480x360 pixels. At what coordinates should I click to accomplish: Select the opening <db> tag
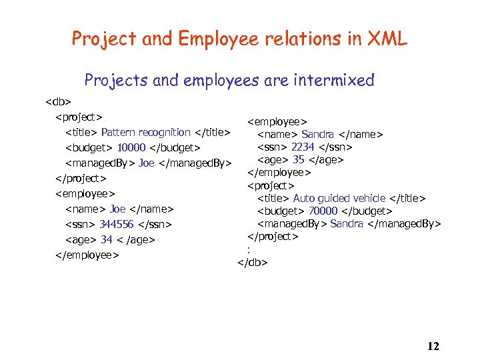coord(58,102)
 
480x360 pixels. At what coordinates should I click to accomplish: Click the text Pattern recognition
coord(145,132)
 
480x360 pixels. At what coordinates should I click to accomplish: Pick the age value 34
coord(106,239)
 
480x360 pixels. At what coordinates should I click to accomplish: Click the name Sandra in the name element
coord(317,135)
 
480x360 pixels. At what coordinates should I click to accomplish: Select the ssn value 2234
coord(303,147)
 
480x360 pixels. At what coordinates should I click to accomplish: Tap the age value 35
coord(298,159)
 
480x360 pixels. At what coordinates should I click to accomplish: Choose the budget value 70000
coord(322,211)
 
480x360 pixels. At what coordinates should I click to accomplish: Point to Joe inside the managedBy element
coord(146,163)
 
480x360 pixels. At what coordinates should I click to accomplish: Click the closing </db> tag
coord(253,263)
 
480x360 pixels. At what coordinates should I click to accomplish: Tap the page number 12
coord(433,345)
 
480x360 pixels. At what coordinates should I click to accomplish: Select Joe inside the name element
coord(117,209)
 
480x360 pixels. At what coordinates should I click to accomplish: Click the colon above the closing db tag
coord(248,250)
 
